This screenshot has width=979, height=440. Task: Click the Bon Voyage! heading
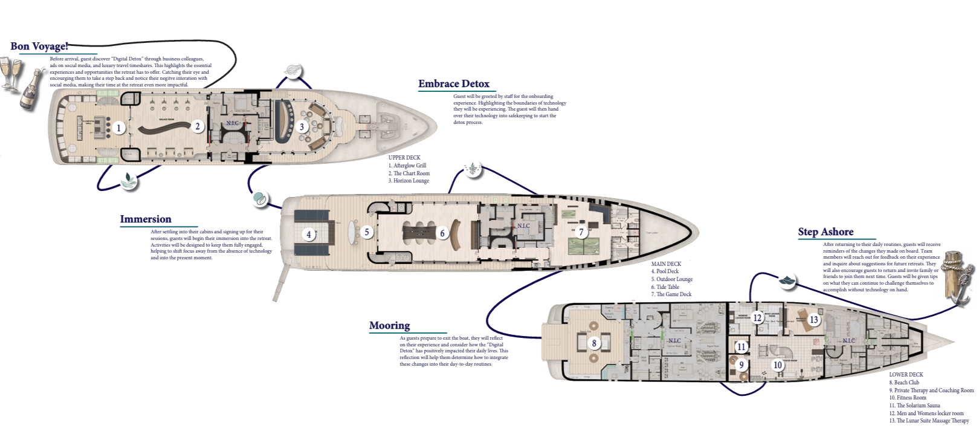39,47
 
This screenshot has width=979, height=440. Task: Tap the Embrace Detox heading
453,84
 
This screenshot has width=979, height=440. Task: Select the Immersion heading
146,219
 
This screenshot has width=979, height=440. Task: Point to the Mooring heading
389,326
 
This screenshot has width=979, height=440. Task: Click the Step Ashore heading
826,232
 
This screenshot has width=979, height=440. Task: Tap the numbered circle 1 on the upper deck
119,128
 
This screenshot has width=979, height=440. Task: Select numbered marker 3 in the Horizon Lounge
302,126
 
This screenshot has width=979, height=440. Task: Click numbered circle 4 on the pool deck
309,235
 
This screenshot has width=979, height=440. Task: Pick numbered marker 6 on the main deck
442,233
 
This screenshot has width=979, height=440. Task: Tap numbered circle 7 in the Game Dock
581,231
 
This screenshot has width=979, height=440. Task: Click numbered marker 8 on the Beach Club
594,343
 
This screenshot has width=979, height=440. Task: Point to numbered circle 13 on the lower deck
814,320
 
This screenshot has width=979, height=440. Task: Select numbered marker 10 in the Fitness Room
778,365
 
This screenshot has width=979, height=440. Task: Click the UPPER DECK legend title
404,158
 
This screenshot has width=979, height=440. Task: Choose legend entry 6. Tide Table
665,287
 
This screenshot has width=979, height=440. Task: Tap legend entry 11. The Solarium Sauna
914,406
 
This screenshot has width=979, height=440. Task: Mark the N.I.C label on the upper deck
233,124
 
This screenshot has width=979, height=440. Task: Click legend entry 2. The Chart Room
409,173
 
